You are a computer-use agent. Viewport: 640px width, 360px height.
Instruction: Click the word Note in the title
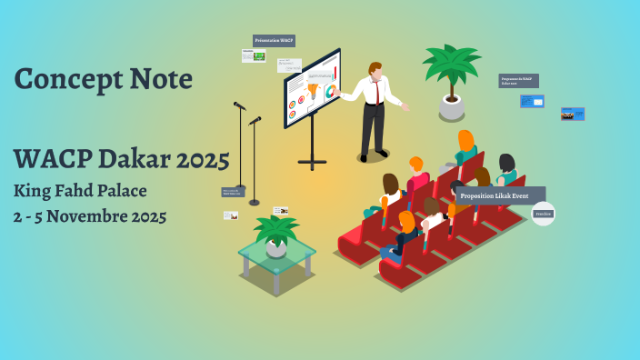pyautogui.click(x=158, y=80)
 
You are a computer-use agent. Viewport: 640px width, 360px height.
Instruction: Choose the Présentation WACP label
pyautogui.click(x=274, y=41)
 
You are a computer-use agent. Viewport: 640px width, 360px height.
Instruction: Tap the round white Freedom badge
pyautogui.click(x=543, y=215)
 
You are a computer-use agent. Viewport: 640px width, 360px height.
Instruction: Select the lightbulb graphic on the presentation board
pyautogui.click(x=313, y=91)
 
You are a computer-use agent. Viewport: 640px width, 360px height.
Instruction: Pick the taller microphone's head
pyautogui.click(x=238, y=105)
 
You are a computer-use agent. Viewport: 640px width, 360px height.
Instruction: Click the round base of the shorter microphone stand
pyautogui.click(x=255, y=202)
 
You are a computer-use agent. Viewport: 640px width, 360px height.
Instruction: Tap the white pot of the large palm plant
pyautogui.click(x=452, y=107)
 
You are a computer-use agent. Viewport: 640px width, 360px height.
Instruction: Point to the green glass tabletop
pyautogui.click(x=277, y=253)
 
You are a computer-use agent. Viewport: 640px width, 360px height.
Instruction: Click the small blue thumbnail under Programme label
pyautogui.click(x=532, y=101)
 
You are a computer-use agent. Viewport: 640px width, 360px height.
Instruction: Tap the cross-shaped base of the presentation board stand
pyautogui.click(x=312, y=163)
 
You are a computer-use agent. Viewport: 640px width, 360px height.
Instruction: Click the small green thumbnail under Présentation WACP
pyautogui.click(x=259, y=56)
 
